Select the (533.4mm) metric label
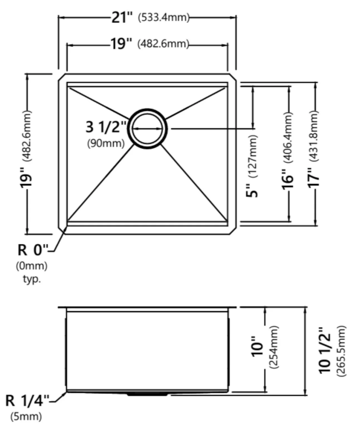pyautogui.click(x=164, y=18)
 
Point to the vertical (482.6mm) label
pyautogui.click(x=28, y=136)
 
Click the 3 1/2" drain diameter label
pyautogui.click(x=106, y=127)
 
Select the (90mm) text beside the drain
pyautogui.click(x=106, y=143)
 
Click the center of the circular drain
pyautogui.click(x=147, y=129)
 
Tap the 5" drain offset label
pyautogui.click(x=252, y=190)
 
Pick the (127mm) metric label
pyautogui.click(x=253, y=156)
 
